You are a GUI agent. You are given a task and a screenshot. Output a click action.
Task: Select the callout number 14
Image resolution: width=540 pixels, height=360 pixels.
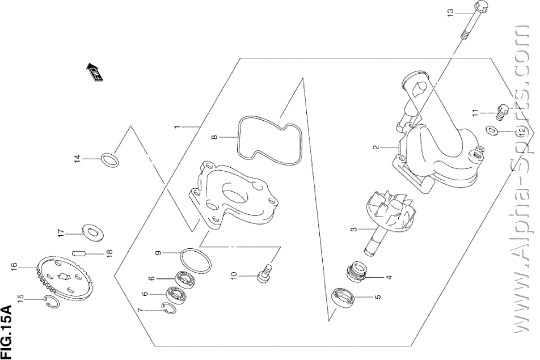click(x=77, y=160)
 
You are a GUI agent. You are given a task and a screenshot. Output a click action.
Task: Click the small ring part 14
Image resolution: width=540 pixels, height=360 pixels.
click(x=110, y=160)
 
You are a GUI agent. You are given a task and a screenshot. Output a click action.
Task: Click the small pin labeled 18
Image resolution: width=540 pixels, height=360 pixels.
click(x=79, y=253)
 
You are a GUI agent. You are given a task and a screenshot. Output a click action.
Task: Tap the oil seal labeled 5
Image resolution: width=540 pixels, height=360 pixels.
click(x=343, y=298)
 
